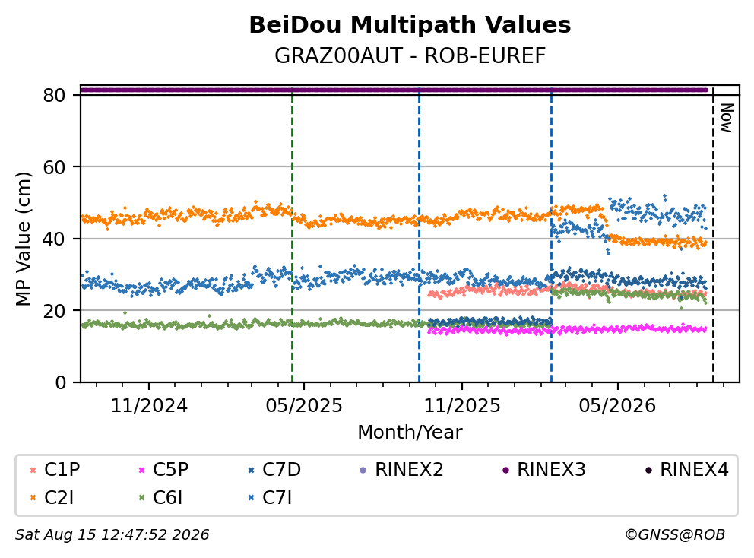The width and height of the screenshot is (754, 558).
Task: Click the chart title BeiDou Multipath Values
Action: click(410, 25)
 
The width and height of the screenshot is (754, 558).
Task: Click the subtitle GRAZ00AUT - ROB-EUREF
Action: click(410, 55)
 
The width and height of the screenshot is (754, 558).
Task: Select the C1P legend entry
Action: click(55, 470)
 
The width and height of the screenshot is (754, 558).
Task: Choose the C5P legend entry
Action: click(163, 470)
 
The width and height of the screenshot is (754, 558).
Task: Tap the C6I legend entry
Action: click(160, 498)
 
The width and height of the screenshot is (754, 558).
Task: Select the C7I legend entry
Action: click(270, 498)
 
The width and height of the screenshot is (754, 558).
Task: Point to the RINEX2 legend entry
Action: click(401, 470)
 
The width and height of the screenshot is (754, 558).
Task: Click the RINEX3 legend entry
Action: click(544, 470)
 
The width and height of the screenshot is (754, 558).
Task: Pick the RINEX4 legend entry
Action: click(686, 470)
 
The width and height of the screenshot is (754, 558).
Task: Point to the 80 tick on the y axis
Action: click(54, 95)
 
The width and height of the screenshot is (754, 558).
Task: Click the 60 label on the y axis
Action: click(54, 167)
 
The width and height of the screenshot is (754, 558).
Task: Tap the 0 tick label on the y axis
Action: click(61, 382)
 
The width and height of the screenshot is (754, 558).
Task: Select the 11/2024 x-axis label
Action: click(149, 406)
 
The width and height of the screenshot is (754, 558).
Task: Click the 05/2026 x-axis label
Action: click(617, 406)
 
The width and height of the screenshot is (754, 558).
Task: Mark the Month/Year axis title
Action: click(410, 432)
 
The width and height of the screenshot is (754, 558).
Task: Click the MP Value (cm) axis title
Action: click(23, 239)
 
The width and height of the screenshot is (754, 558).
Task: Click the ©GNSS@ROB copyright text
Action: click(675, 535)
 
